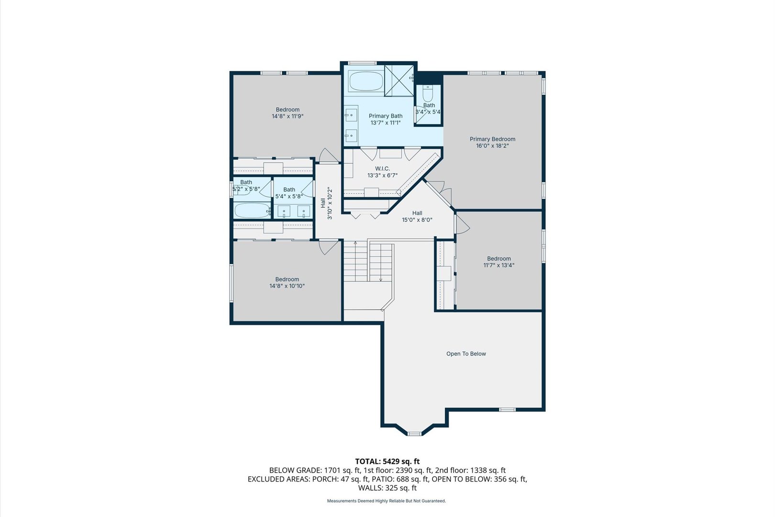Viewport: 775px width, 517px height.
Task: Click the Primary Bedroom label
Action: [492, 139]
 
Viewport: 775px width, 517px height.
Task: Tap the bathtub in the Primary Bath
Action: [365, 81]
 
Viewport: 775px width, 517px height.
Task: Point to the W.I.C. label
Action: [382, 169]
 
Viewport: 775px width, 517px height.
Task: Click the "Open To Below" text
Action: [466, 354]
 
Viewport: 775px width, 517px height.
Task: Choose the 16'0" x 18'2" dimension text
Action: [492, 146]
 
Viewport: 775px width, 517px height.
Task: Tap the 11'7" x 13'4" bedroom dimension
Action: [499, 265]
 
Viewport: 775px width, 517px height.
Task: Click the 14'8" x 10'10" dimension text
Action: [287, 286]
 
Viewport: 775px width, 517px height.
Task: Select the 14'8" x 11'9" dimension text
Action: [288, 116]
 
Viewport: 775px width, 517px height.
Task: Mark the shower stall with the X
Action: [399, 80]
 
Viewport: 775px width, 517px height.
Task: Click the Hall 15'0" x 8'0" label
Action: [417, 216]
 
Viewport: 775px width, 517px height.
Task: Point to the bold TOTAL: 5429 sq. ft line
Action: [387, 461]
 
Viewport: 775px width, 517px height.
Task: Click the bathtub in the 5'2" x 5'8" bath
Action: [252, 210]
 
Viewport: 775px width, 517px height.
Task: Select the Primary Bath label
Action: [386, 116]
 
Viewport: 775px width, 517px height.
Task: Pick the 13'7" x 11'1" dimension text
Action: [386, 123]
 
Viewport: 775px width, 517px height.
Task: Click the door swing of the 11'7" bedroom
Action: [462, 225]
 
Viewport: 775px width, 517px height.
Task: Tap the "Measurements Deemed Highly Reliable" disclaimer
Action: [387, 501]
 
